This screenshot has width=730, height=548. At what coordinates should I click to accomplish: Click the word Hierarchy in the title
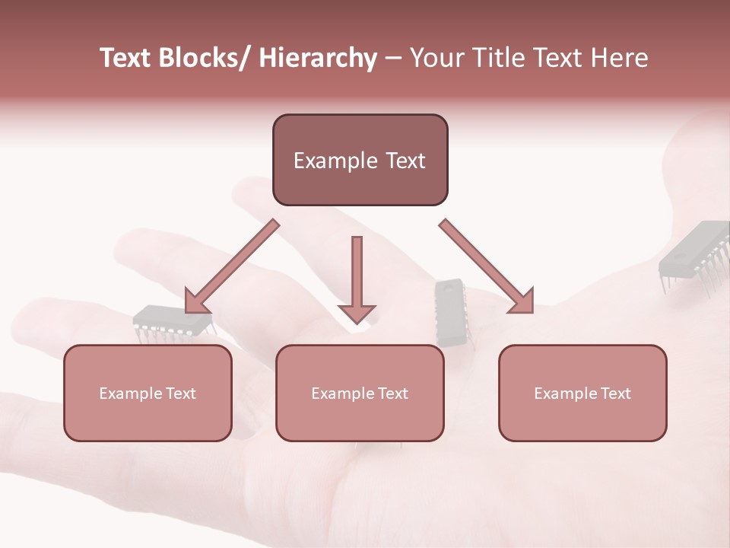click(x=318, y=59)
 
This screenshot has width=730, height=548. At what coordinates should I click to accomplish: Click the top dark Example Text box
click(x=360, y=160)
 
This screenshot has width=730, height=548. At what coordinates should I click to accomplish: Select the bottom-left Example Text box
click(x=148, y=393)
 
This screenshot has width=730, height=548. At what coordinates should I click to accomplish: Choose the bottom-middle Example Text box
click(x=360, y=393)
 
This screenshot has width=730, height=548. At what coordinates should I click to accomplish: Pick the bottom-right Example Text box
click(x=582, y=393)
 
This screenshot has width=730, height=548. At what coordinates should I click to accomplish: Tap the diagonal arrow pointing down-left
click(x=231, y=267)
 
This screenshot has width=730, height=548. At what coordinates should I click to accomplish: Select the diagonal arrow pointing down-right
click(x=487, y=267)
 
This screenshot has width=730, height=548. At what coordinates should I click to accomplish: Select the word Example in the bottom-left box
click(x=131, y=393)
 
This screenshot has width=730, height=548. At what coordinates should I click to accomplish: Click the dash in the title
click(x=393, y=59)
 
